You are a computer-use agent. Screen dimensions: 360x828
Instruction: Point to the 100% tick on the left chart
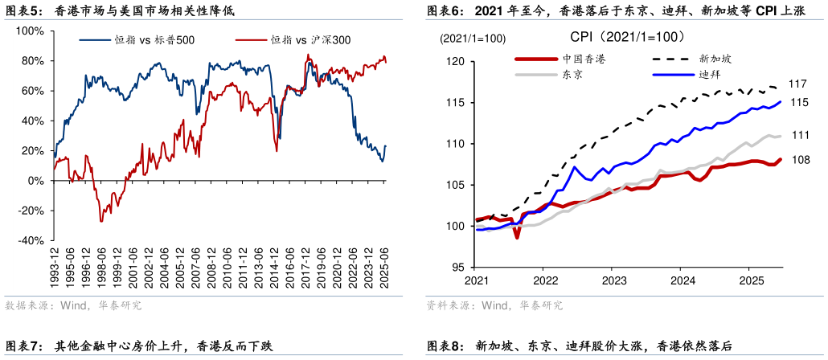click(30, 31)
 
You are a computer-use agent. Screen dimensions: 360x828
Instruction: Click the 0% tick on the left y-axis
click(35, 181)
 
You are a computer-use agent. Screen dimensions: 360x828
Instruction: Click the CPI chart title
click(627, 37)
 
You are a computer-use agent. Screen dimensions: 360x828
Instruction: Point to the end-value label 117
click(797, 84)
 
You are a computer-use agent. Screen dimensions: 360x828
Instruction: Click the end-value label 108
click(800, 160)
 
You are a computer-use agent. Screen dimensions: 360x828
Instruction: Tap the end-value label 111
click(800, 135)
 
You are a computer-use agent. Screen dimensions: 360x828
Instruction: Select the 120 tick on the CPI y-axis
click(455, 62)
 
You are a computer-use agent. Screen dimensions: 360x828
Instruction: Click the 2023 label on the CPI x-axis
click(614, 280)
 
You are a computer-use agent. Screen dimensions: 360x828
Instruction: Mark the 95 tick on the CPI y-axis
click(458, 268)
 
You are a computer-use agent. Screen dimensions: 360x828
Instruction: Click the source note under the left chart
click(73, 305)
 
